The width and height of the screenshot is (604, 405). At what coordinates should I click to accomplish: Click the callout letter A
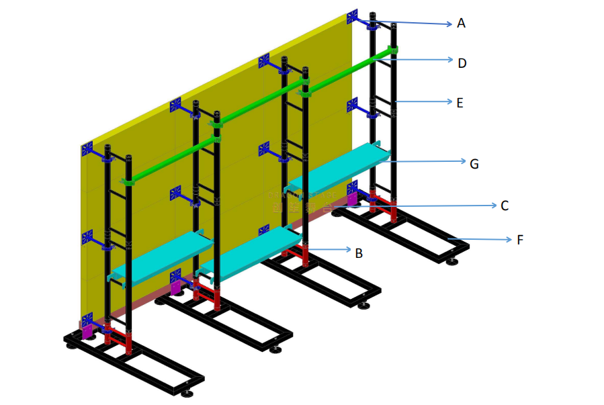(461, 24)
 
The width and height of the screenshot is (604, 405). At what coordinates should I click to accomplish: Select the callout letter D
(462, 63)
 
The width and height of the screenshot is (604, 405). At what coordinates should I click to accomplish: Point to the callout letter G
(474, 163)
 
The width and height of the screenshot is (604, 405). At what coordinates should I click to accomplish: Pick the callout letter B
(359, 253)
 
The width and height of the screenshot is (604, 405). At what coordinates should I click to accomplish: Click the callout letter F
(520, 239)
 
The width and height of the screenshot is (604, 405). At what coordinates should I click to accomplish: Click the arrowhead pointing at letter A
(448, 25)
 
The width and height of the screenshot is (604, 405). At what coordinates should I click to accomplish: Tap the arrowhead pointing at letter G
(462, 161)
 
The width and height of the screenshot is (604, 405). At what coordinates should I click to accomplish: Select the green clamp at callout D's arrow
(394, 50)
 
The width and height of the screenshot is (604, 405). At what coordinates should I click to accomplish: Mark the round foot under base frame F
(452, 261)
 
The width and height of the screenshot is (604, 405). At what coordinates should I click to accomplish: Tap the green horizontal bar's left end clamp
(129, 181)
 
